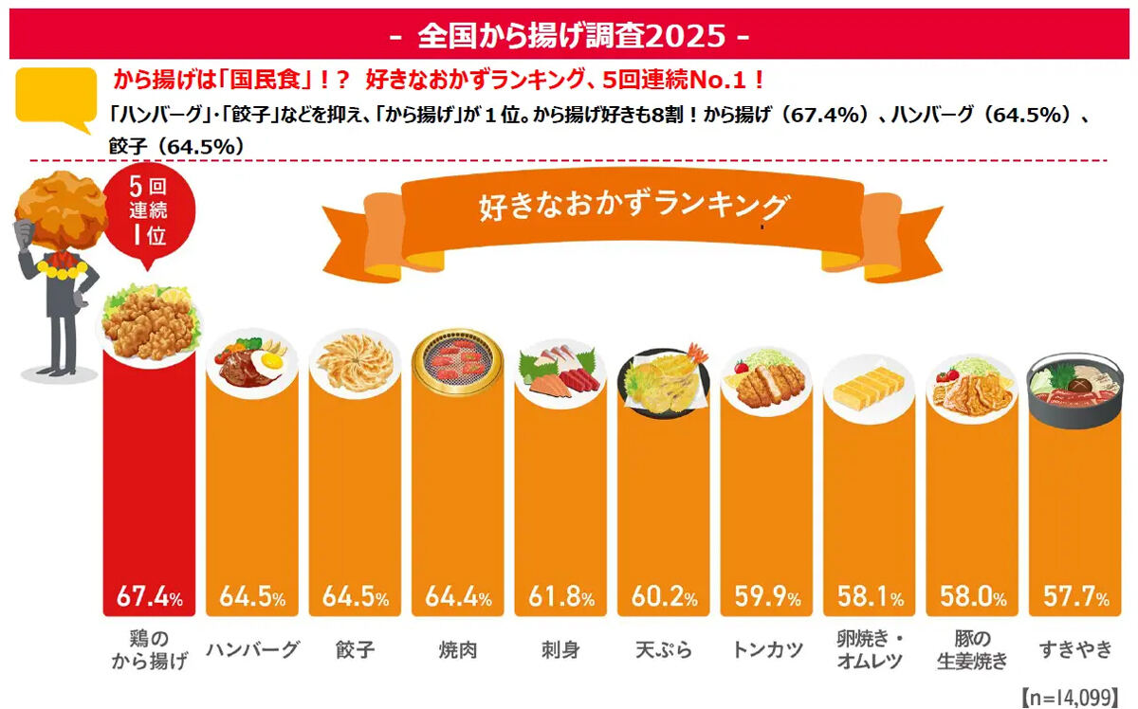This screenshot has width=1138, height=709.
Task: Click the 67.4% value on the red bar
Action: tap(149, 597)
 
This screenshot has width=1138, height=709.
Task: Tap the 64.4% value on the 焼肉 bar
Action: tap(459, 597)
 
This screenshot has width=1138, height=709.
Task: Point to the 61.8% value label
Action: tap(561, 597)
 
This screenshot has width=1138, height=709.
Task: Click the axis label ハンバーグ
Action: tap(252, 649)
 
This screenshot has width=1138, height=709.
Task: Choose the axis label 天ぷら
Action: tap(664, 649)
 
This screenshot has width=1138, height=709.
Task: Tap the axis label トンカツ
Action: tap(767, 649)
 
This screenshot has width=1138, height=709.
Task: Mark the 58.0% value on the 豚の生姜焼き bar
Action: tap(973, 597)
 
